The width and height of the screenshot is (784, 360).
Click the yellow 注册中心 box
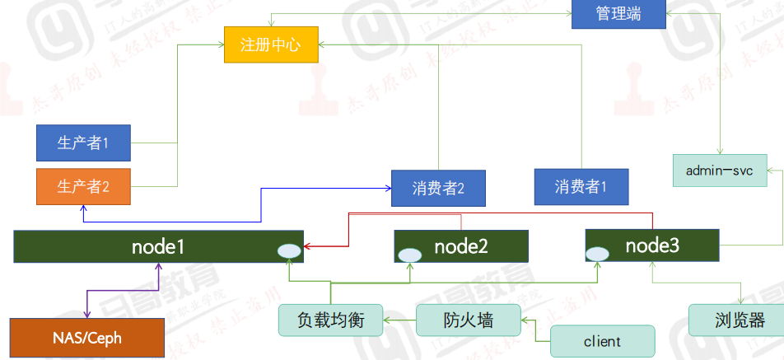click(x=270, y=44)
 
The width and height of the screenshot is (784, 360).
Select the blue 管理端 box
click(x=618, y=14)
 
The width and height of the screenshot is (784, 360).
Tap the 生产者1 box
click(x=83, y=143)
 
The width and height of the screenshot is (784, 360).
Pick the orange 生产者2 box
click(x=83, y=186)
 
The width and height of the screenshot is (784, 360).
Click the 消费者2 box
click(x=438, y=188)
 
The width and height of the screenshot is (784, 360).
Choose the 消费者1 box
click(x=581, y=186)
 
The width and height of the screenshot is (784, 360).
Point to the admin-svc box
click(x=719, y=171)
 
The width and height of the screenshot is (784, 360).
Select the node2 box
click(x=460, y=245)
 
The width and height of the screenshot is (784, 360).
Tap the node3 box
click(x=651, y=245)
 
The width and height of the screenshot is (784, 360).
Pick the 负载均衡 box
click(x=330, y=320)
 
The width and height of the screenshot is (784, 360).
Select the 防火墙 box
click(x=469, y=320)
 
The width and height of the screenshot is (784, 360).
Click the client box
click(x=602, y=341)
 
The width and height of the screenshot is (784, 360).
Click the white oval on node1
click(x=289, y=251)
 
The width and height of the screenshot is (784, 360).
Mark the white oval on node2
click(x=409, y=255)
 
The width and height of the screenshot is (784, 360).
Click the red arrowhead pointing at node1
click(x=308, y=245)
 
